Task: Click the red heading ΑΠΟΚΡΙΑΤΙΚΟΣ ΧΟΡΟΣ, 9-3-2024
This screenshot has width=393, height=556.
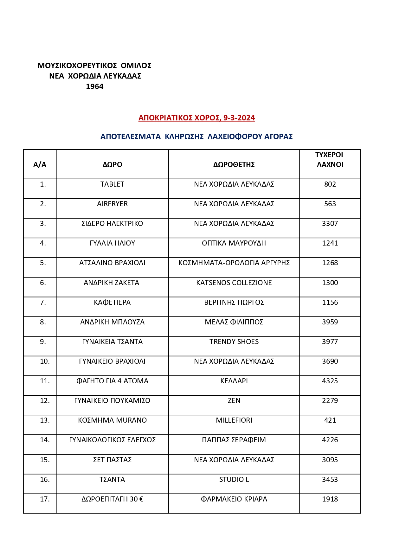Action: pyautogui.click(x=196, y=118)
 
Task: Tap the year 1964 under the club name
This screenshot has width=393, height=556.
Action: pyautogui.click(x=94, y=86)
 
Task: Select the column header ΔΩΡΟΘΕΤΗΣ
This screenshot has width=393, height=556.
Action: pyautogui.click(x=234, y=164)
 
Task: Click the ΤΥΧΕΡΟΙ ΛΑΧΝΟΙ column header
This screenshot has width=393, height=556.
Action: pyautogui.click(x=330, y=160)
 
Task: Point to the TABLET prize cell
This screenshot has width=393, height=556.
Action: pyautogui.click(x=112, y=184)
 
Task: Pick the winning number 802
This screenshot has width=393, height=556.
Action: pyautogui.click(x=330, y=184)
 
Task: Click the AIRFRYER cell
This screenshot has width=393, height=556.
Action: pyautogui.click(x=112, y=204)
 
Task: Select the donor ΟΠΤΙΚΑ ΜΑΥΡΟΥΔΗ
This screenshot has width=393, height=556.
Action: pyautogui.click(x=234, y=243)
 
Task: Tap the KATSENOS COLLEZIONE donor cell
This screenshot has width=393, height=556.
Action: pyautogui.click(x=234, y=283)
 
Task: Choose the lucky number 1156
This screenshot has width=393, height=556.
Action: pyautogui.click(x=330, y=303)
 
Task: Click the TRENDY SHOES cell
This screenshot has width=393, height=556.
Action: pyautogui.click(x=234, y=342)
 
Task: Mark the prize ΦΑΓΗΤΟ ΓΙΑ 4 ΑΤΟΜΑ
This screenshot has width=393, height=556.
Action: pyautogui.click(x=112, y=381)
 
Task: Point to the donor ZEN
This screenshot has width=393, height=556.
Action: pyautogui.click(x=234, y=401)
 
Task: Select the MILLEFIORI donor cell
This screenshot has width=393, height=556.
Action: pyautogui.click(x=234, y=420)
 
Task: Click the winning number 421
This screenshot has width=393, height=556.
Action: pyautogui.click(x=330, y=420)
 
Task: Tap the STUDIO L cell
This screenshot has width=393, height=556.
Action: pyautogui.click(x=234, y=480)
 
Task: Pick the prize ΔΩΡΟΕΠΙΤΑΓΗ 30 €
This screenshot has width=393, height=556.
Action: pyautogui.click(x=112, y=499)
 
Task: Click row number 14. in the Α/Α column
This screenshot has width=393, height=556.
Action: pyautogui.click(x=45, y=440)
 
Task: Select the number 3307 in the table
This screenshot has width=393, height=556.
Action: pyautogui.click(x=330, y=224)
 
